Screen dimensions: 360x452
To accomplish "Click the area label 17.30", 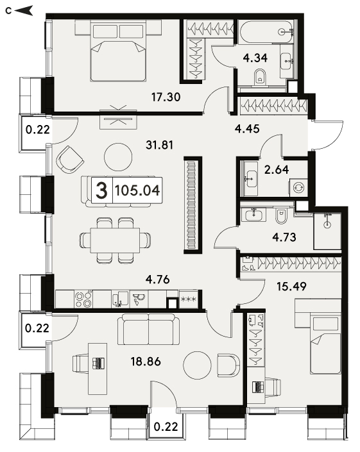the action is pyautogui.click(x=166, y=97).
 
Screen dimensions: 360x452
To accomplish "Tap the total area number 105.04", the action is pyautogui.click(x=137, y=190).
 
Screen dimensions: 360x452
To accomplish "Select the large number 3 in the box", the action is pyautogui.click(x=101, y=190).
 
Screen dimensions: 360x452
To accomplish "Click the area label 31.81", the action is pyautogui.click(x=160, y=145).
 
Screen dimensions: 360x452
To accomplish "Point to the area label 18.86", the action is pyautogui.click(x=146, y=361).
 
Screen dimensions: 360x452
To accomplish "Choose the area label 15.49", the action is pyautogui.click(x=291, y=286).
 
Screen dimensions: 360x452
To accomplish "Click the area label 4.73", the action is pyautogui.click(x=284, y=237).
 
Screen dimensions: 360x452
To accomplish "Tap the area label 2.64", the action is pyautogui.click(x=277, y=169).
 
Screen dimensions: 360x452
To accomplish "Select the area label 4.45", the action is pyautogui.click(x=247, y=129).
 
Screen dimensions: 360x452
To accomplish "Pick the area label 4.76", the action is pyautogui.click(x=157, y=279).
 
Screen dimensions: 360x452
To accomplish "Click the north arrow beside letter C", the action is pyautogui.click(x=24, y=11).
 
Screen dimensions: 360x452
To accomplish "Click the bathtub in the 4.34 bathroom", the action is pyautogui.click(x=266, y=31).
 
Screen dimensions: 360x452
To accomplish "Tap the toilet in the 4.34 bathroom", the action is pyautogui.click(x=260, y=77).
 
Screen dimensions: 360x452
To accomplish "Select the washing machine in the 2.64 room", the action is pyautogui.click(x=298, y=188).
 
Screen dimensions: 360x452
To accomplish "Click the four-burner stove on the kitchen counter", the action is pyautogui.click(x=83, y=299).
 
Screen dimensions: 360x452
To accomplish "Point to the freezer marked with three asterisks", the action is pyautogui.click(x=188, y=299).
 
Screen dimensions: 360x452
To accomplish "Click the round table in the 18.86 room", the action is pyautogui.click(x=197, y=365).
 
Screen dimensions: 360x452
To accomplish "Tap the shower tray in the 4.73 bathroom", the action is pyautogui.click(x=327, y=231).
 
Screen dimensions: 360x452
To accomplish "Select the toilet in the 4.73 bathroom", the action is pyautogui.click(x=280, y=216).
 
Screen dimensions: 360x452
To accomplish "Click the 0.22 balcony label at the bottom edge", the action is pyautogui.click(x=166, y=426).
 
